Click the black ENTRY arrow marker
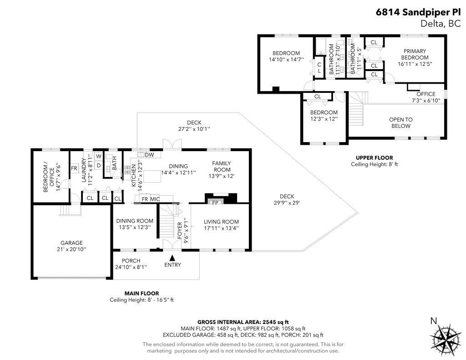(172, 258)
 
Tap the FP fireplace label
(215, 203)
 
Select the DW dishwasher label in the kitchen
(149, 155)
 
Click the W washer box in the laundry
(99, 157)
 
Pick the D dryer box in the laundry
(99, 165)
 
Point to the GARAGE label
(71, 243)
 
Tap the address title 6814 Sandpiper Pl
(418, 12)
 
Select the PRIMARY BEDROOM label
(415, 54)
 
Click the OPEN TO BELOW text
(400, 122)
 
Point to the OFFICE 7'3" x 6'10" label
(426, 97)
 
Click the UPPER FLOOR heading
(374, 157)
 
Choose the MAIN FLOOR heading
(142, 293)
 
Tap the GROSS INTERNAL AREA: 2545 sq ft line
(243, 322)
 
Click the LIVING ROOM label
(221, 222)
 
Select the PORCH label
(131, 261)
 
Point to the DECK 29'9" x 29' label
(287, 199)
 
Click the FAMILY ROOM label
(222, 166)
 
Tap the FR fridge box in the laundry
(74, 168)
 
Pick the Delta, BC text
(441, 24)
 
